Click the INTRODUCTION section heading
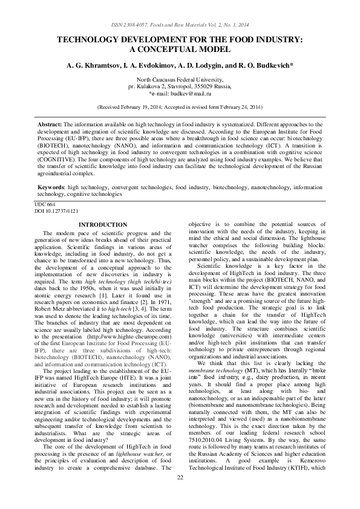point(103,225)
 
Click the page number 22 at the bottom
point(180,495)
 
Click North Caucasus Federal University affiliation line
point(180,80)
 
